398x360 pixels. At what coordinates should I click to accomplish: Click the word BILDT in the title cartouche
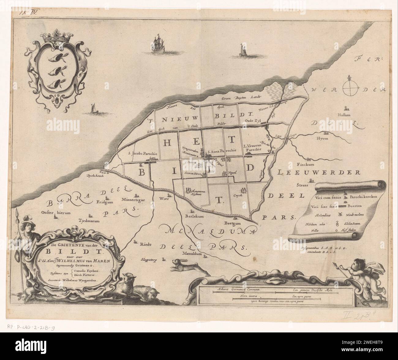click(x=75, y=253)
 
